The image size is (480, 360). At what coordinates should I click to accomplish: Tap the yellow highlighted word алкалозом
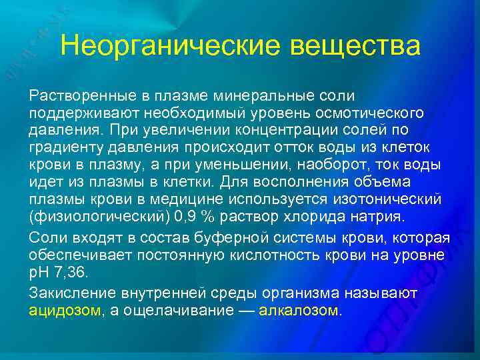point(298,311)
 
